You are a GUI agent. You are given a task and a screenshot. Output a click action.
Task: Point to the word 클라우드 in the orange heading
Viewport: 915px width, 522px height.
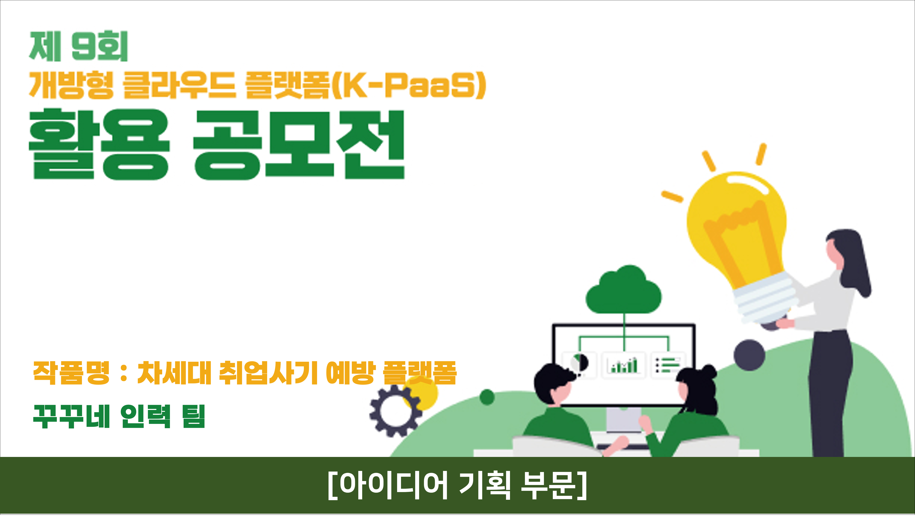[179, 85]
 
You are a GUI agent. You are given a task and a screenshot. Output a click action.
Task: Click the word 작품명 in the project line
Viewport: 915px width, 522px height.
[71, 373]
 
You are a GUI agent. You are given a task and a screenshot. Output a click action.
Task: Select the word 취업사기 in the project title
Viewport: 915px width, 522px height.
[268, 373]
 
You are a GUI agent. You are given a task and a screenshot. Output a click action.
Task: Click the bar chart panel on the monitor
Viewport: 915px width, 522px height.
[624, 365]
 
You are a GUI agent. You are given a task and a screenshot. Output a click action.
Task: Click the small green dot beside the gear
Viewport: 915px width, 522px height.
[487, 397]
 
